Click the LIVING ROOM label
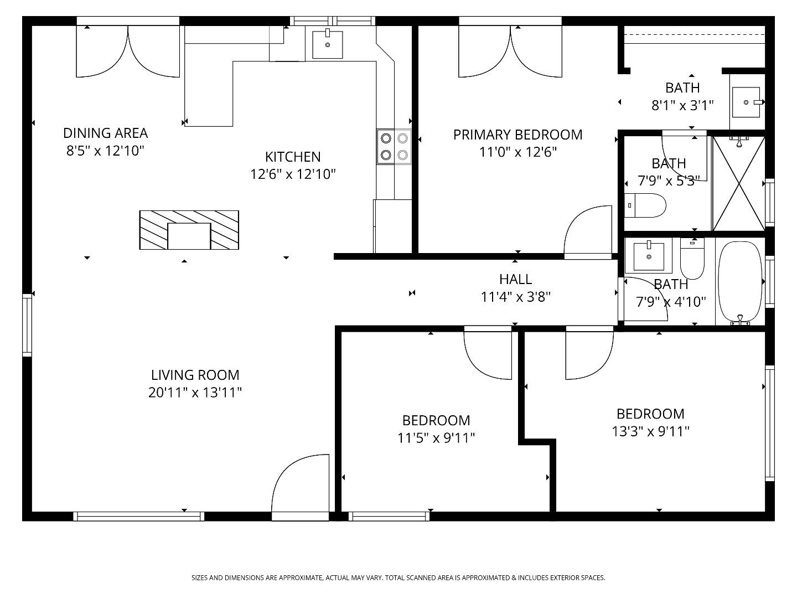[x=195, y=375]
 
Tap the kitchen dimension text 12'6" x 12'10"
[x=293, y=174]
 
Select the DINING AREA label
[x=105, y=133]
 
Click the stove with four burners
[x=394, y=147]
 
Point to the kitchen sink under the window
[x=327, y=44]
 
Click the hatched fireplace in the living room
[x=189, y=230]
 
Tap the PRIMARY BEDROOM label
[x=517, y=135]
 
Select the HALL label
[x=515, y=279]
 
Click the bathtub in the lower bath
[x=740, y=282]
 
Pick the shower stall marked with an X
[x=738, y=183]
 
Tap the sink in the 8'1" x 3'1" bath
[x=746, y=102]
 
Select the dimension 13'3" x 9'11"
[x=650, y=431]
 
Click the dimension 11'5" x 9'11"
[x=436, y=438]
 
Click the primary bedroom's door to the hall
[x=588, y=233]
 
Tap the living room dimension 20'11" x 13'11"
[x=195, y=393]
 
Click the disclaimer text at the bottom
[x=398, y=578]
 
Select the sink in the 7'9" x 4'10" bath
[x=648, y=256]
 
